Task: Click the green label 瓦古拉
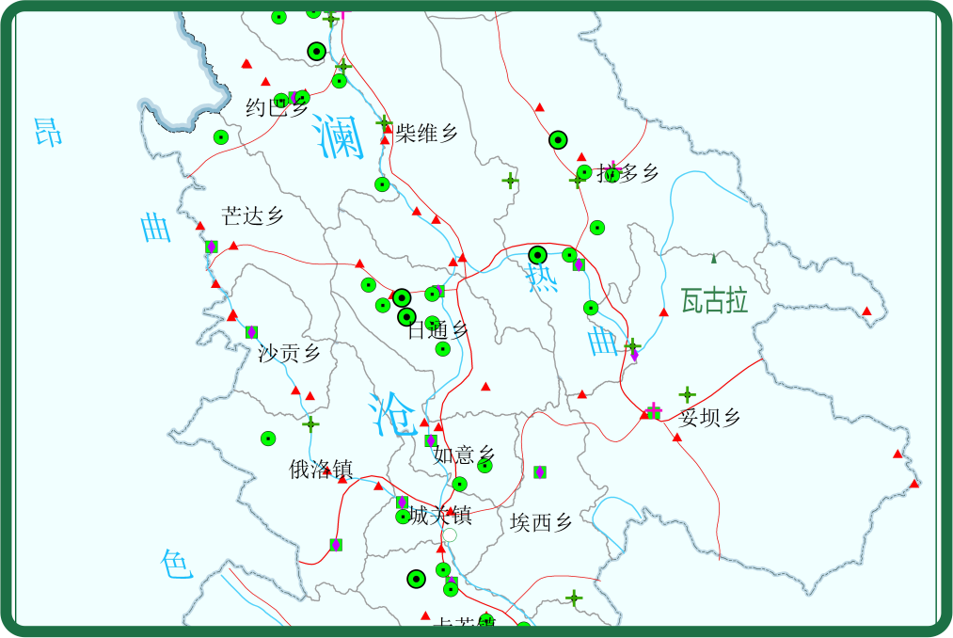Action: (715, 301)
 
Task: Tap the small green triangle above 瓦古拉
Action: (714, 259)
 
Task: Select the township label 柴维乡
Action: (426, 133)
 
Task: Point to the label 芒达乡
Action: (253, 215)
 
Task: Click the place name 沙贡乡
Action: (289, 353)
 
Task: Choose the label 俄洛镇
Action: (321, 469)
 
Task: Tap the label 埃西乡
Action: (541, 522)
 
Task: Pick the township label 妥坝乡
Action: (710, 418)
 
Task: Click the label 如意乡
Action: (463, 455)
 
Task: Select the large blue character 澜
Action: (340, 137)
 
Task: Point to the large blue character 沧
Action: (392, 413)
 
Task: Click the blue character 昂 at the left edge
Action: (48, 132)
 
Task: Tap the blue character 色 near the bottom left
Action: (177, 565)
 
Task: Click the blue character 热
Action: (542, 279)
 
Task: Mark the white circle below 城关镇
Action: (450, 535)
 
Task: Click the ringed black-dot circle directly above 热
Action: (537, 255)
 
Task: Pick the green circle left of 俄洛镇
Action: (268, 439)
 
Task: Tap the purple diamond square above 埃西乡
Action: (540, 471)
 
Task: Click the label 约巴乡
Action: (277, 108)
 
